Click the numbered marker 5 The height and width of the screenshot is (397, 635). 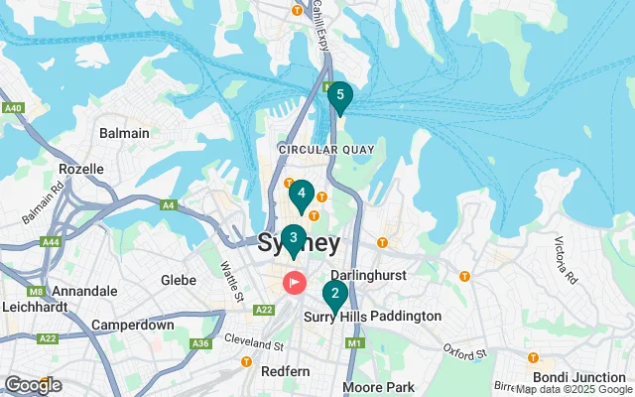[x=340, y=96]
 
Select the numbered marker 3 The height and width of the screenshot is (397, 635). [x=293, y=238]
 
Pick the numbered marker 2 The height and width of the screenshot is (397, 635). [x=335, y=294]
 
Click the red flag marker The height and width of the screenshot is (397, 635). [x=295, y=282]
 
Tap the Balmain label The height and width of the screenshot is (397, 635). [x=125, y=133]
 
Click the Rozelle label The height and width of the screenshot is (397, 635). [x=81, y=169]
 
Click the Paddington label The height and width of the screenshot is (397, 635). [x=406, y=316]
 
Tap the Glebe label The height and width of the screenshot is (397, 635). [x=179, y=280]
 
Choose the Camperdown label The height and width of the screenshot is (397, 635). [x=133, y=325]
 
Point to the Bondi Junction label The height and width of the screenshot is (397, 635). [x=577, y=377]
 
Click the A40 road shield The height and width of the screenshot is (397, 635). [x=13, y=107]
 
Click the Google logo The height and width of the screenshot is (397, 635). [x=33, y=385]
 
